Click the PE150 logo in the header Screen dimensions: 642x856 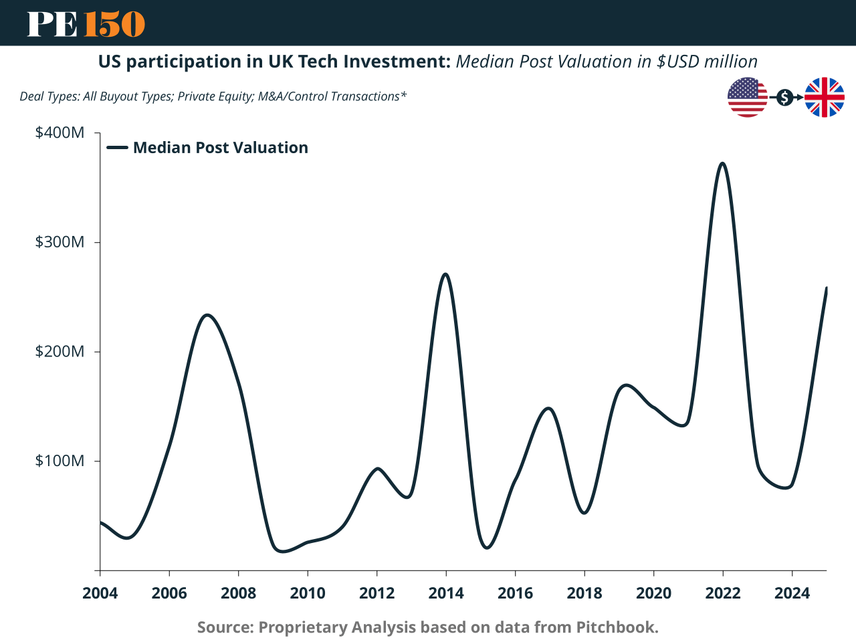[86, 24]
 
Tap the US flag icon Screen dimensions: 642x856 [747, 98]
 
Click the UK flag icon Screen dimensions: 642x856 [824, 98]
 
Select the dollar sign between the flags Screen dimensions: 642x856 [785, 98]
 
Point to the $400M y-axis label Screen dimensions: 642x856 [60, 132]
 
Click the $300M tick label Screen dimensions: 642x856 [60, 242]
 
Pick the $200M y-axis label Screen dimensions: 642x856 [60, 352]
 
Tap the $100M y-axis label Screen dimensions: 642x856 [60, 461]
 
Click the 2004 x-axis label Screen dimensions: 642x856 [100, 593]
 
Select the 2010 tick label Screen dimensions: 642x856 [308, 593]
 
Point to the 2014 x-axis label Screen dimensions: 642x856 [446, 593]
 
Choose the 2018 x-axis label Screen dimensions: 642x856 [584, 593]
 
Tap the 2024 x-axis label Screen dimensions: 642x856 [792, 593]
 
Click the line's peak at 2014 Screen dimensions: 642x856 [445, 274]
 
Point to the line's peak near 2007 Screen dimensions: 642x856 [207, 315]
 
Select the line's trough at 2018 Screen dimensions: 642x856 [584, 513]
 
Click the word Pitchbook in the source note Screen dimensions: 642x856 [616, 627]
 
